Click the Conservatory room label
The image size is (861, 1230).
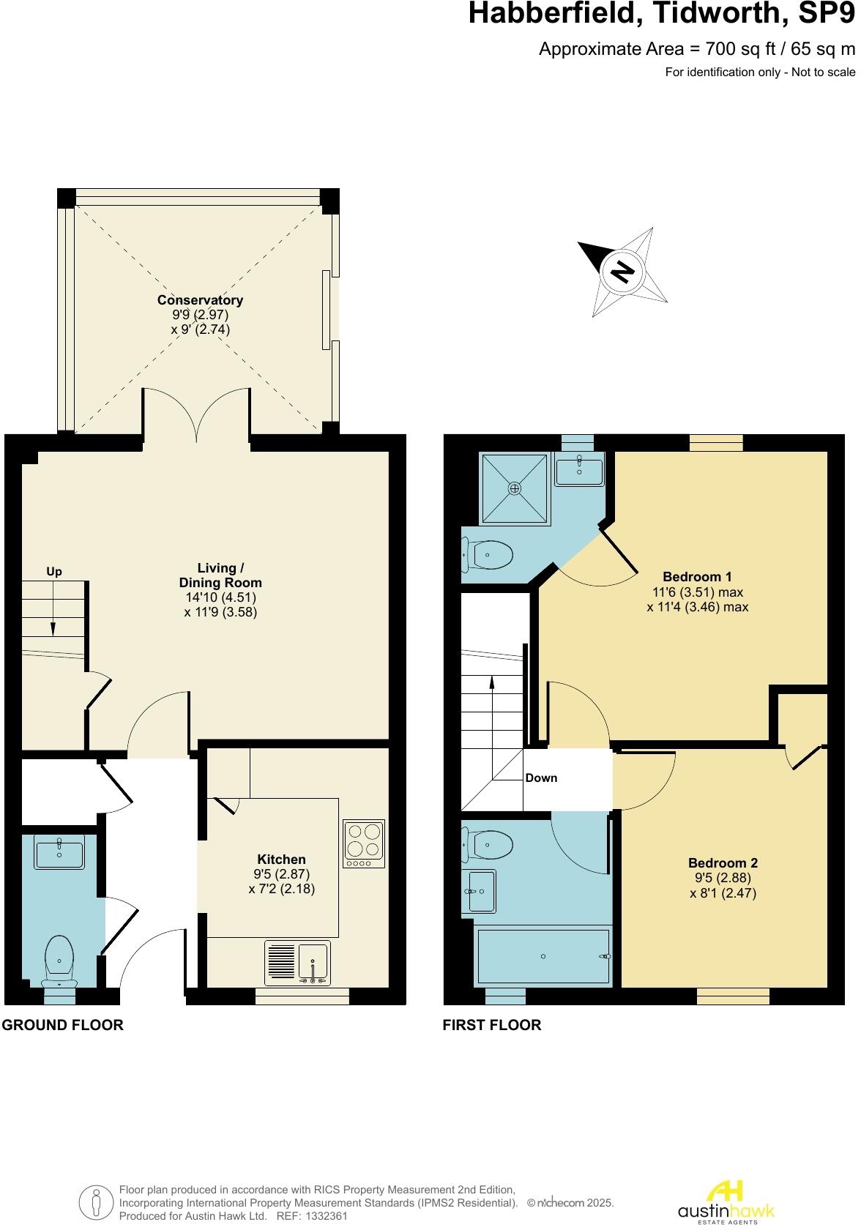tap(200, 300)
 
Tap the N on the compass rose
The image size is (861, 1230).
tap(622, 272)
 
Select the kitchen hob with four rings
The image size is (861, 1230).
tap(364, 843)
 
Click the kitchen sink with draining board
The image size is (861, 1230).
tap(297, 963)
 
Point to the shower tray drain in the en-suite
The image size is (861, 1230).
tap(515, 488)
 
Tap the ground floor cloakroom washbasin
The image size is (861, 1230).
tap(59, 853)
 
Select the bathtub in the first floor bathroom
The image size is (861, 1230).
tap(543, 956)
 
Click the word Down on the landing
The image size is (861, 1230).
tap(541, 778)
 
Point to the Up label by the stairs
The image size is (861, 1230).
tap(54, 572)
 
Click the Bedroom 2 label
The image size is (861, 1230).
tap(723, 863)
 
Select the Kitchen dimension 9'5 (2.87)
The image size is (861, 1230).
tap(282, 874)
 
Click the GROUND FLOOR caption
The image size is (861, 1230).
tap(62, 1025)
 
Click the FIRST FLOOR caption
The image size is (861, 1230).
tap(492, 1025)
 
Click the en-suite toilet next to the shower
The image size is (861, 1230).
tap(488, 554)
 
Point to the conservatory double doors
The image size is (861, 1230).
tap(196, 415)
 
